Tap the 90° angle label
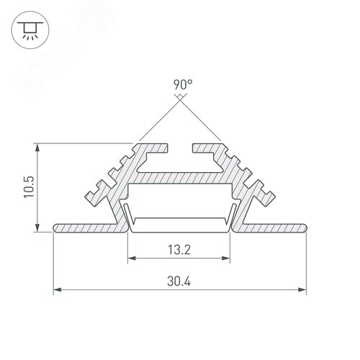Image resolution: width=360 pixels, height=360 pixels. (182, 85)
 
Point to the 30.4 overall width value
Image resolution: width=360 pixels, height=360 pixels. (179, 283)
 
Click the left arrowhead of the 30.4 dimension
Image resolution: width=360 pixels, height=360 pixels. (58, 291)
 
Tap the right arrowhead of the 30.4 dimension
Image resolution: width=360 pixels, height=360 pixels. (302, 291)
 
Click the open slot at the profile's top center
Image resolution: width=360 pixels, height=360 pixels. (180, 148)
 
